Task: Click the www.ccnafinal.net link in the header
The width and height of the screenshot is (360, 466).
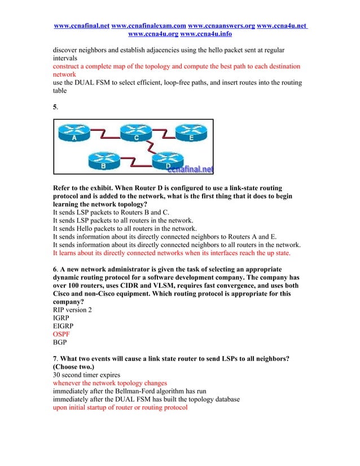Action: tap(81, 26)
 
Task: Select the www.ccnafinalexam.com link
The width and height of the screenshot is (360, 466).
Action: tap(149, 26)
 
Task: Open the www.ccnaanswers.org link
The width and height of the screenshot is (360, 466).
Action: tap(221, 26)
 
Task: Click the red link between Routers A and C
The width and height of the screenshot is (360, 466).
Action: tap(106, 134)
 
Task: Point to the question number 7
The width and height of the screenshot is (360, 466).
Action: tap(54, 358)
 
